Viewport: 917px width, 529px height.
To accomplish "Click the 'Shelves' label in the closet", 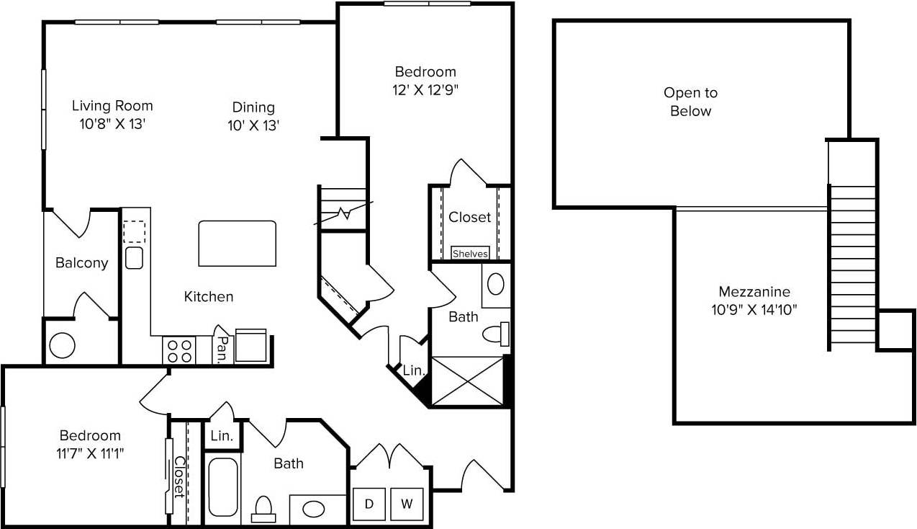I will (471, 253).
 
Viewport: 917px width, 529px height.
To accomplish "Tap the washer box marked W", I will (407, 504).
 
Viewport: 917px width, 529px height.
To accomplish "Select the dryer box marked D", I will (369, 504).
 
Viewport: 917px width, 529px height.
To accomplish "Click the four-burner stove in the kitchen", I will (179, 350).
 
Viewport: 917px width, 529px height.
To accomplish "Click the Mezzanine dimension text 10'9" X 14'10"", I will (754, 311).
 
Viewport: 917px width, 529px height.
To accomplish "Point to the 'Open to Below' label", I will (690, 102).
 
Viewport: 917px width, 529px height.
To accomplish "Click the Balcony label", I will (81, 263).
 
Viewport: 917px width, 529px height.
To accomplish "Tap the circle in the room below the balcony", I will (63, 345).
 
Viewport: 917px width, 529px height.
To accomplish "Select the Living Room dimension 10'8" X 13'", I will (112, 123).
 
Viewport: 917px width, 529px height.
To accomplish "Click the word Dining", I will (253, 107).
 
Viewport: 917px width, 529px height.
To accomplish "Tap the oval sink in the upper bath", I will (496, 283).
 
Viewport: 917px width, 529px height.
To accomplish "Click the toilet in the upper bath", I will (496, 333).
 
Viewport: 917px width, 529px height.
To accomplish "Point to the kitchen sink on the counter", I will (134, 257).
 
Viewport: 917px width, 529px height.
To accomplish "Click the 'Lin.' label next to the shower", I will (413, 370).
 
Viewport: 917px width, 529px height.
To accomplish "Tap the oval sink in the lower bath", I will (313, 509).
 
